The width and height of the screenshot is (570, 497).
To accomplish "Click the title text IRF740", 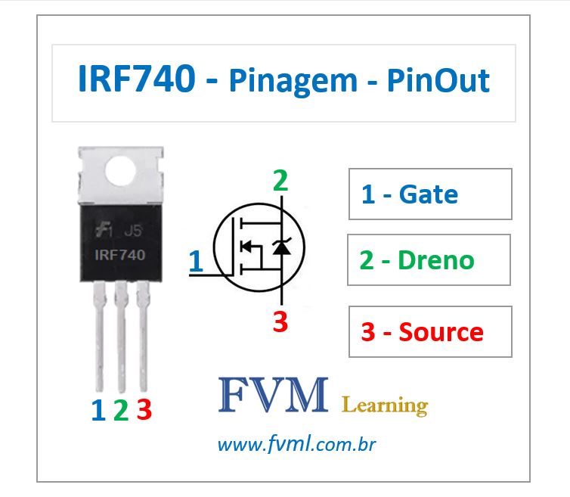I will point(137,80).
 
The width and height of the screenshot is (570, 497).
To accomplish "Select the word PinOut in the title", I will point(438,80).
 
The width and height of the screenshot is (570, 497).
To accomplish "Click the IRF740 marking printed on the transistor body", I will point(120,255).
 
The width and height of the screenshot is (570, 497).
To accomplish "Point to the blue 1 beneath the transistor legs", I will point(98,411).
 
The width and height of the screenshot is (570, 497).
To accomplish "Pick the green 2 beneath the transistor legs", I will point(120,411).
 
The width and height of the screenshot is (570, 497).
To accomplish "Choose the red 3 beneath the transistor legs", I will point(144,411).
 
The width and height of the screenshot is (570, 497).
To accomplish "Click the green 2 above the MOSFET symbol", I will point(280,182).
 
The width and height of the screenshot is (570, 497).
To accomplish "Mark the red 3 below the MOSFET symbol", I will point(280,321).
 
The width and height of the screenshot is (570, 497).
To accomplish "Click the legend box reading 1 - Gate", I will point(430,194).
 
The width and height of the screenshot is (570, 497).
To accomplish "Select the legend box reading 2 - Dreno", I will point(429,259).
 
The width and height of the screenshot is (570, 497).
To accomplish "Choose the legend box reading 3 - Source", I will point(430,331).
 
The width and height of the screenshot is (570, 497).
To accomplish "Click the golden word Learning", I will point(385,405).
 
